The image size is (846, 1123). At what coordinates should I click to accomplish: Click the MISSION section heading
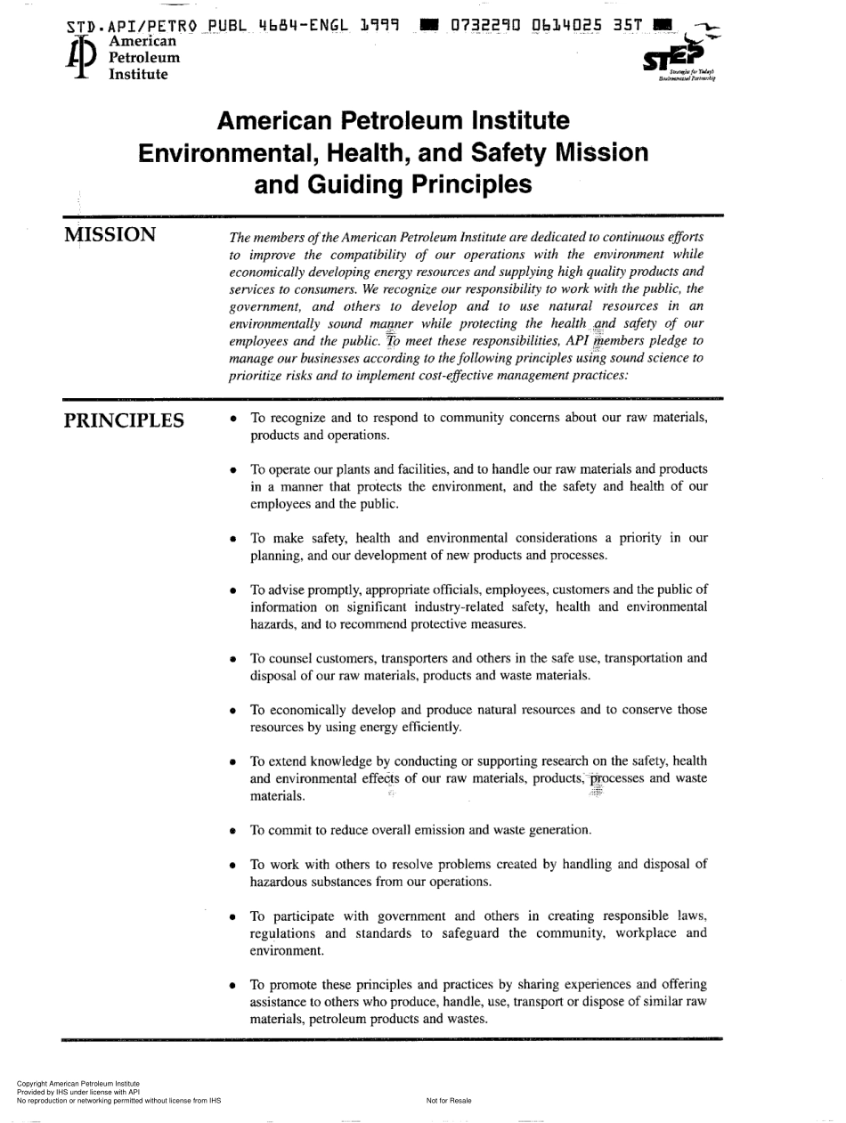pyautogui.click(x=110, y=235)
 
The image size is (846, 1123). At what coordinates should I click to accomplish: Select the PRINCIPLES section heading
pyautogui.click(x=125, y=420)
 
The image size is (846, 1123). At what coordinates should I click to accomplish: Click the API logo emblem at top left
pyautogui.click(x=82, y=58)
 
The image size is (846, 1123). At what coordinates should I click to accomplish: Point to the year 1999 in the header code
pyautogui.click(x=380, y=25)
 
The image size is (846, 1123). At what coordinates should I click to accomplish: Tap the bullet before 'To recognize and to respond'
pyautogui.click(x=233, y=419)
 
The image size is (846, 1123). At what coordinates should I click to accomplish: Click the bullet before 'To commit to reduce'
pyautogui.click(x=233, y=831)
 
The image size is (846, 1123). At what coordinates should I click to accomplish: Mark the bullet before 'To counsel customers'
pyautogui.click(x=233, y=659)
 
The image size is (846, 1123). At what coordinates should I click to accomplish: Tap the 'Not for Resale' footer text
pyautogui.click(x=449, y=1101)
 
